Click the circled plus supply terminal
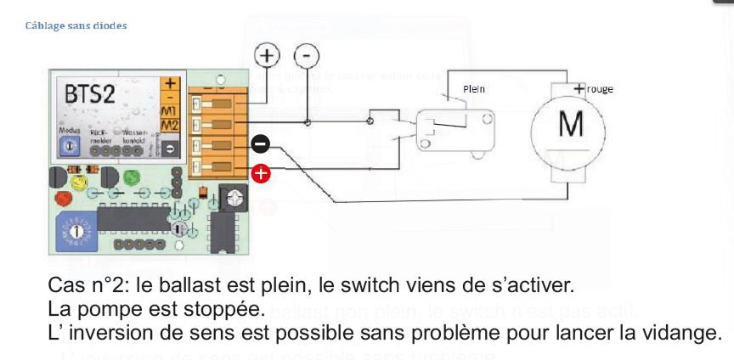[268, 56]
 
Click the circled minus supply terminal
[307, 56]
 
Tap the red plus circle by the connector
[261, 174]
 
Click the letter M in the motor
[571, 126]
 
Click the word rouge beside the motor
[599, 89]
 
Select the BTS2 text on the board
[90, 94]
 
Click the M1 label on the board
[170, 111]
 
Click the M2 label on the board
[170, 127]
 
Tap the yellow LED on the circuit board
[79, 180]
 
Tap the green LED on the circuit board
[132, 179]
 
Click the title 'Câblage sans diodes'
[76, 25]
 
